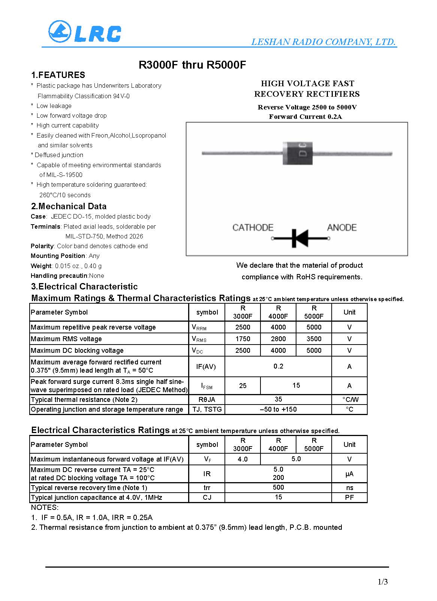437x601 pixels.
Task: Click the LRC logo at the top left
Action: [85, 31]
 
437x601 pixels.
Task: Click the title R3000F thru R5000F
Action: [192, 65]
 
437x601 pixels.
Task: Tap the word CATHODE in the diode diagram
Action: [253, 228]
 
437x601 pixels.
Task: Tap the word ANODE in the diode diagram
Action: [341, 228]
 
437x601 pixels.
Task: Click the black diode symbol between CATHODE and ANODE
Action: [300, 238]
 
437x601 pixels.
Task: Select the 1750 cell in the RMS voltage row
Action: [242, 339]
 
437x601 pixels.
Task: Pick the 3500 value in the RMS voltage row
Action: [314, 339]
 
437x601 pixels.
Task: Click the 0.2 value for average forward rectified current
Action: [278, 366]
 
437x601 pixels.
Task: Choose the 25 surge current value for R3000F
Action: [242, 386]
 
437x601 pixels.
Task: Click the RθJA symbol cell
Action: [207, 400]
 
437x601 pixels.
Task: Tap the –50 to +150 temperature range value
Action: [278, 409]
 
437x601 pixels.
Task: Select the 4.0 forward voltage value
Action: [242, 459]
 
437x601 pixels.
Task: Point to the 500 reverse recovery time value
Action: [278, 487]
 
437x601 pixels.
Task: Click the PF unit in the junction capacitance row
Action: [349, 498]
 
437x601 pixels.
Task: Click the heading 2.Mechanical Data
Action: [69, 206]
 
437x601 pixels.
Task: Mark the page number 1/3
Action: [383, 582]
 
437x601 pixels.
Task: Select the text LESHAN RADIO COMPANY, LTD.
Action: [323, 42]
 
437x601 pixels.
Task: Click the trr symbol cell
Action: [207, 488]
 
